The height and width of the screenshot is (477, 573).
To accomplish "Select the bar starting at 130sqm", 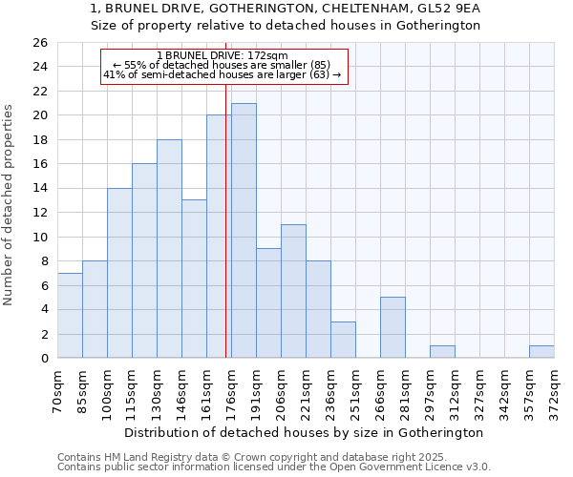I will (x=169, y=249).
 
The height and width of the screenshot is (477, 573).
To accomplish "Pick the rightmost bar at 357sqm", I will (x=541, y=352).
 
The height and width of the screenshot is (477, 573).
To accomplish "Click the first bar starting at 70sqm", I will (x=70, y=316).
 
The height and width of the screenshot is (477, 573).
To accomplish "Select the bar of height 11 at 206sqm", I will (x=293, y=291).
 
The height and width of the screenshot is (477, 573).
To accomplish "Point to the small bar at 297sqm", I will (x=442, y=352).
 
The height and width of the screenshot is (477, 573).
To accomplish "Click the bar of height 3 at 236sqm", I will (x=343, y=340).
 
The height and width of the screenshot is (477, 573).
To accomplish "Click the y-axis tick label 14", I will (x=40, y=189).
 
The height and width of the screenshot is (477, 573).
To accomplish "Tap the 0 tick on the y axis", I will (x=44, y=359).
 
